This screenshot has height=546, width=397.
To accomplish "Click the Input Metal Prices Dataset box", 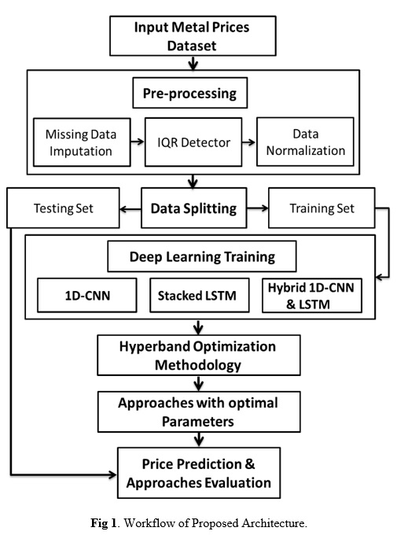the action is (x=193, y=36).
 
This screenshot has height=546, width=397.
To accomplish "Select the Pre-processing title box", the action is (x=190, y=93).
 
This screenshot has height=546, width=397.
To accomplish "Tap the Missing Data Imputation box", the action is (x=82, y=142).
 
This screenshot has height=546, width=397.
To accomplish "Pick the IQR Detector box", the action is (x=193, y=142).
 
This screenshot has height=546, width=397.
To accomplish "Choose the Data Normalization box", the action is (x=305, y=142).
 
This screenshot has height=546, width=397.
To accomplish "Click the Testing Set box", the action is (x=63, y=208).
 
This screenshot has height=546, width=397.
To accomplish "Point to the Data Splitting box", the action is (x=194, y=208).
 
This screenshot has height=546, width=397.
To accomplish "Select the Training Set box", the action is (x=322, y=208).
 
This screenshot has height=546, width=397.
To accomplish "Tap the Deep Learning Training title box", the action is (x=202, y=256).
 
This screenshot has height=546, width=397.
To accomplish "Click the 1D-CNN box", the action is (x=87, y=295).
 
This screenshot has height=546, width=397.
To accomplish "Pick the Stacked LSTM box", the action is (x=200, y=295).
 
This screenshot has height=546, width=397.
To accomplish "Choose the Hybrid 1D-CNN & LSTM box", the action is (x=312, y=295).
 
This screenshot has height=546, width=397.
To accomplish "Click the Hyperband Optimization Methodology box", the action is (x=199, y=355).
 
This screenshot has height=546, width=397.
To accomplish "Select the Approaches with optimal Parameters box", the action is (x=199, y=411).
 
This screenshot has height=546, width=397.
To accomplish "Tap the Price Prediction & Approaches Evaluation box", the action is (x=199, y=473).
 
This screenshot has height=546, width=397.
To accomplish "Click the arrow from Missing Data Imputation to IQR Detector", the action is (x=138, y=142).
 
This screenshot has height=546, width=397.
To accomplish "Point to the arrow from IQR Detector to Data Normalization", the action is (x=249, y=142).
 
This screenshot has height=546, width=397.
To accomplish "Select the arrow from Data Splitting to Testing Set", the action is (x=130, y=209).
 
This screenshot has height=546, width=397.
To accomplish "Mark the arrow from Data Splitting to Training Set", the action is (x=258, y=208).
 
